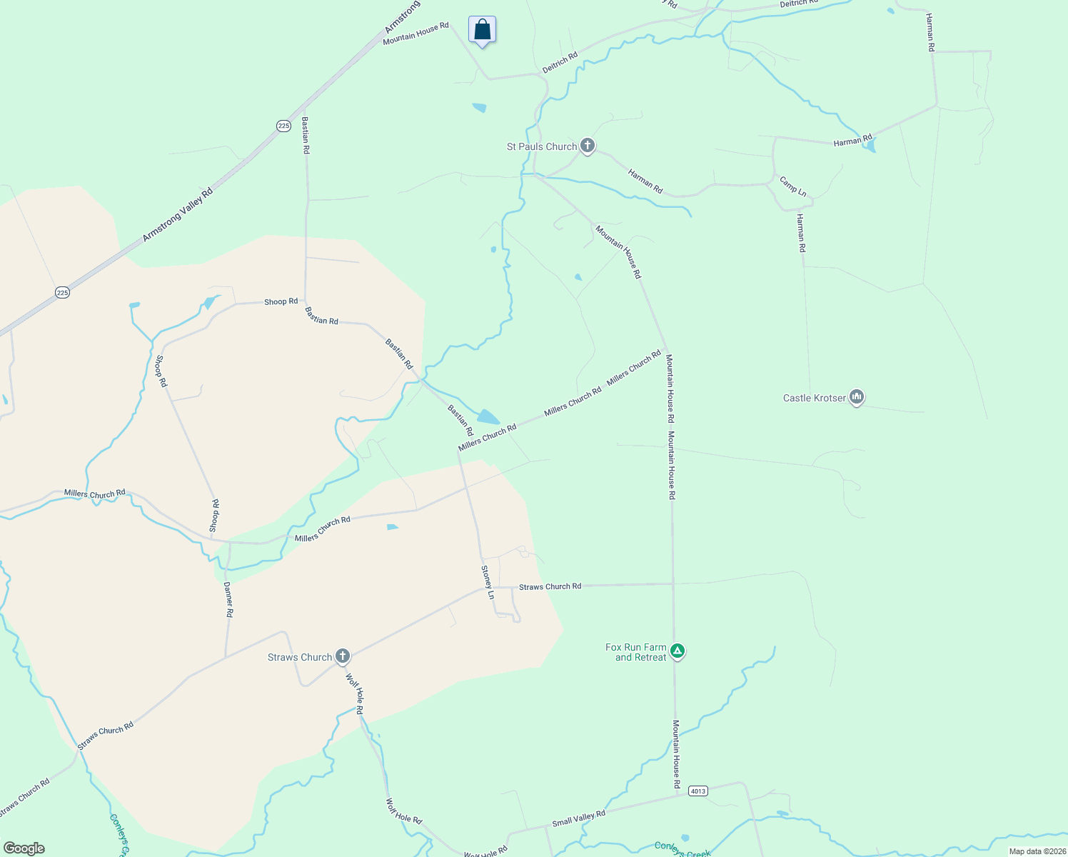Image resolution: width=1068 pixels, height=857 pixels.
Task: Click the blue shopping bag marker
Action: [x=482, y=30]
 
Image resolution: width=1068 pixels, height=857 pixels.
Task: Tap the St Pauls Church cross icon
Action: [x=587, y=146]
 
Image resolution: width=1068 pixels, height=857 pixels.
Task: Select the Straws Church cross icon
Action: [x=343, y=656]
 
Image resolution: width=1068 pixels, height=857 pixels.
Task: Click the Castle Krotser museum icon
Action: [x=857, y=397]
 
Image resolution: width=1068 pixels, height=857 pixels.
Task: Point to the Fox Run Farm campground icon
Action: [x=677, y=651]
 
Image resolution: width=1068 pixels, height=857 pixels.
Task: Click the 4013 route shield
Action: [x=697, y=791]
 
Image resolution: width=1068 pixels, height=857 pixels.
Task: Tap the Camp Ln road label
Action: [x=792, y=186]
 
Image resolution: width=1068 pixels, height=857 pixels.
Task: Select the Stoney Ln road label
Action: [x=488, y=582]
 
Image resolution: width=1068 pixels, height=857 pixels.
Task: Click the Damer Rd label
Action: [x=228, y=599]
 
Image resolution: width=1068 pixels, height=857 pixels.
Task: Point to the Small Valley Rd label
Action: [x=578, y=818]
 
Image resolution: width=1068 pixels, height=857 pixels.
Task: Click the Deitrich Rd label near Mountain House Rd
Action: [x=560, y=62]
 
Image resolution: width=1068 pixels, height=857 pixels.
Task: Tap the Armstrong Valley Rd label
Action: [x=177, y=214]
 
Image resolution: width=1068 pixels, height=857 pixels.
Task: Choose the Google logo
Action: [x=24, y=848]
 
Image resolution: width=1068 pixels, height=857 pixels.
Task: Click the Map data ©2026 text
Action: [x=1037, y=851]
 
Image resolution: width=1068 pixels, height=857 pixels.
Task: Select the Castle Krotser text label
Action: [x=814, y=398]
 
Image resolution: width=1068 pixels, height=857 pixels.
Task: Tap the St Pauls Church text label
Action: [x=541, y=146]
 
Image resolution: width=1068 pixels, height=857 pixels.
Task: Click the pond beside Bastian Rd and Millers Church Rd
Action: [x=488, y=416]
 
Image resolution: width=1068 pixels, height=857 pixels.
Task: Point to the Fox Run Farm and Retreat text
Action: [x=635, y=652]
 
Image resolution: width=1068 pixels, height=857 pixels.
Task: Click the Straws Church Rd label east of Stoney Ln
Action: [x=550, y=586]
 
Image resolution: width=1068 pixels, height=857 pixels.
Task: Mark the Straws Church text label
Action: [x=300, y=657]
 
